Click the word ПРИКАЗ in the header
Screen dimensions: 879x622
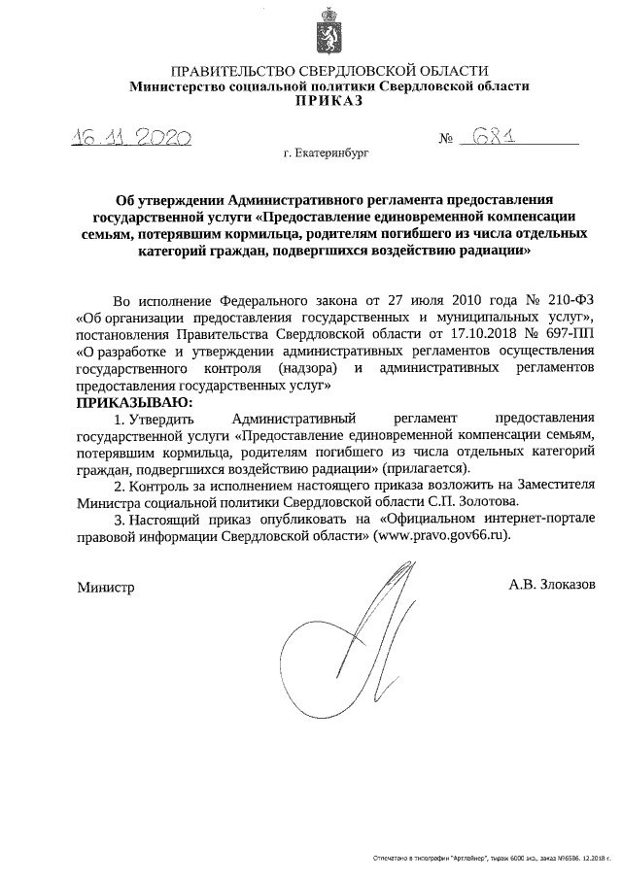coord(329,101)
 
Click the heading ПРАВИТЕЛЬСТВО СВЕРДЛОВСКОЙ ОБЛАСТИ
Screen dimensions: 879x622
coord(329,71)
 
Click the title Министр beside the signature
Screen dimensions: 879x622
coord(104,588)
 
